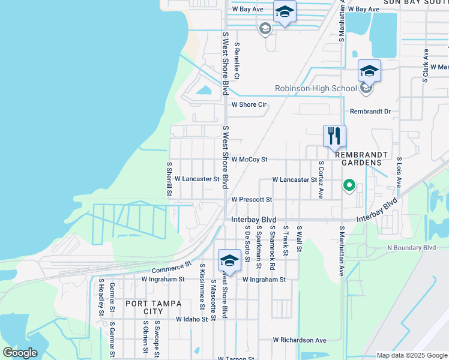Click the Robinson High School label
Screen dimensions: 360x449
(316, 89)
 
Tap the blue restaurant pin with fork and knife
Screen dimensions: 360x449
(334, 136)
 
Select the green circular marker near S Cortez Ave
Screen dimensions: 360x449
(349, 186)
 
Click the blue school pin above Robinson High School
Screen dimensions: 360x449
(369, 71)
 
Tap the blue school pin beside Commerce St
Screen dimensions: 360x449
(229, 260)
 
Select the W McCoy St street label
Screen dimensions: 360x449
(249, 160)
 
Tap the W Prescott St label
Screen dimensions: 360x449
(252, 199)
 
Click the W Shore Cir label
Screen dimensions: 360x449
(249, 104)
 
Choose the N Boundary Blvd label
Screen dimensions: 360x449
(411, 247)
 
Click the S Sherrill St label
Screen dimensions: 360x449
(169, 178)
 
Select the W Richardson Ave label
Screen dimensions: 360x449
(299, 340)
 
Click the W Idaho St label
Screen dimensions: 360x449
(191, 319)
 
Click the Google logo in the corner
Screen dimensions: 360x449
(20, 353)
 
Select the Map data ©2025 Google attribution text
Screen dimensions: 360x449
(411, 355)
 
